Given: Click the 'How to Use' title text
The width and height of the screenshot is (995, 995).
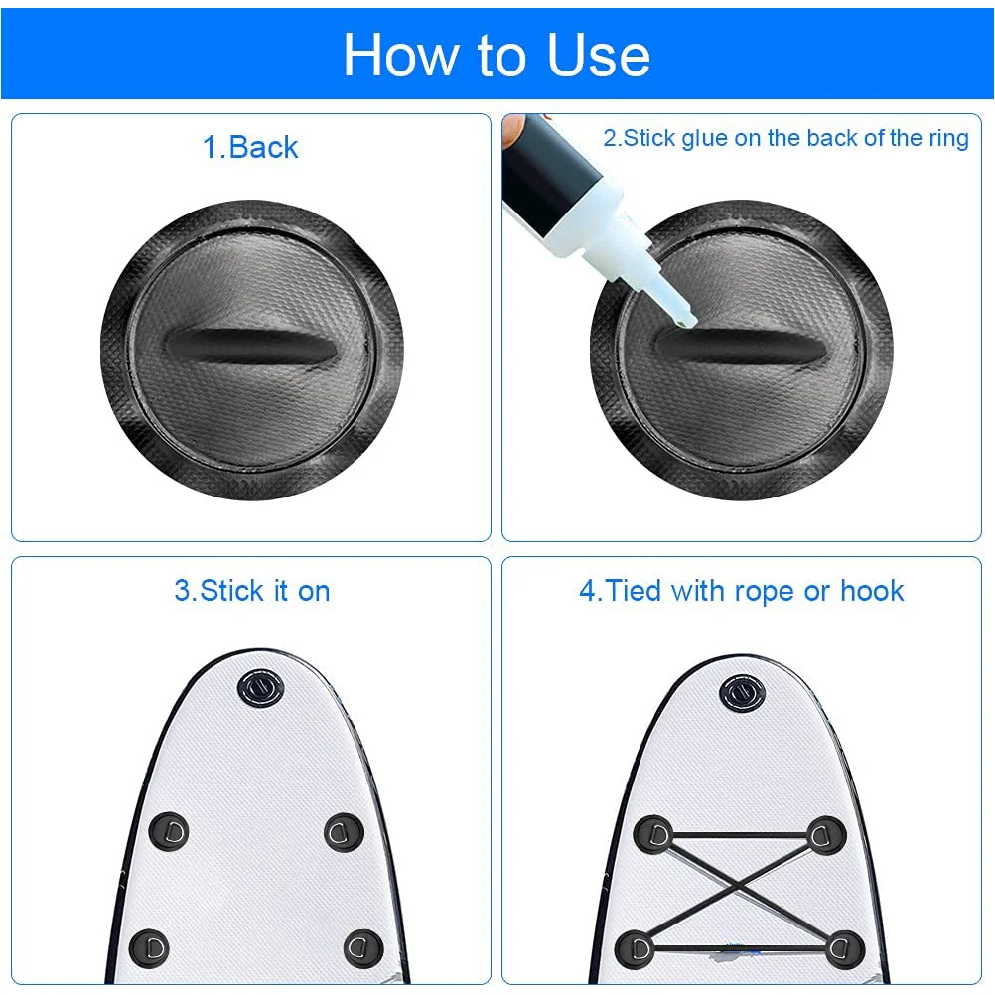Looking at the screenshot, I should click(497, 55).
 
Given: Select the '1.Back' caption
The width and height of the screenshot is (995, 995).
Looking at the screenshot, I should click(250, 148).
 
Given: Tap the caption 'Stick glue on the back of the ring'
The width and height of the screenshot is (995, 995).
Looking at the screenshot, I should click(785, 138).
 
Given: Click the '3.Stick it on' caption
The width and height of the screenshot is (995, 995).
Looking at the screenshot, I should click(251, 591).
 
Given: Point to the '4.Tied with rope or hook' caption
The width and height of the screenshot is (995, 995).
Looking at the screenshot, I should click(742, 591).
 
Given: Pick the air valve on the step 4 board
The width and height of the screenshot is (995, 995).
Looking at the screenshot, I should click(740, 692).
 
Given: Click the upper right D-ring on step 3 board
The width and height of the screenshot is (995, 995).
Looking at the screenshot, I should click(344, 829).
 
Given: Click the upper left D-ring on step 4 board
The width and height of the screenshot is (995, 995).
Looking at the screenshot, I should click(652, 834).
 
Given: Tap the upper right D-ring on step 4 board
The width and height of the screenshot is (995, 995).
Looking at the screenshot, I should click(826, 834).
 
